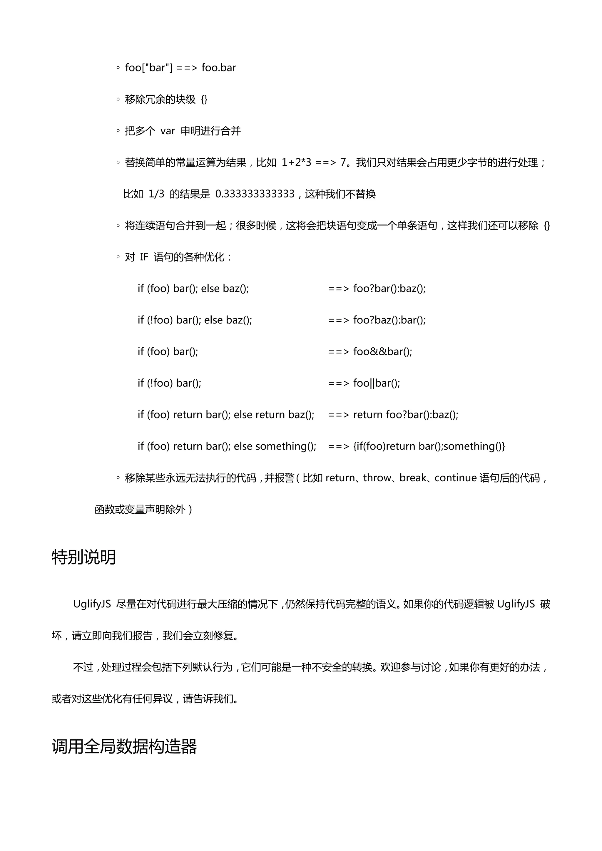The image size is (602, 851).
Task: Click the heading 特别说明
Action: [84, 557]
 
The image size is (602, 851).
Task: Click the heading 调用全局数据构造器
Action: [124, 746]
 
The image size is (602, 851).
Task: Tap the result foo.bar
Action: [219, 68]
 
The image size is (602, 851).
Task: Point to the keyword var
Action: [168, 131]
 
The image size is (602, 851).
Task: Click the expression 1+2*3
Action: [296, 162]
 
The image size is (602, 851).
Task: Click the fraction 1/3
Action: [156, 194]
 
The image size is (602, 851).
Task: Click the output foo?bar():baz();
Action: [389, 288]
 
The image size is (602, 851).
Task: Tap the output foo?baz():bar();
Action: [389, 320]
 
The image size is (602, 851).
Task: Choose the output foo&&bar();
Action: [382, 351]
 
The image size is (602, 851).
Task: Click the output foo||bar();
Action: [377, 383]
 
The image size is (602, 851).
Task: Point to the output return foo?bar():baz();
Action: [406, 414]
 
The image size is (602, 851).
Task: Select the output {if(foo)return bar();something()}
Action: [429, 446]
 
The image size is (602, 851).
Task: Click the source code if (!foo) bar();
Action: [169, 383]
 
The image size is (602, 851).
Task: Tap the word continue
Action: [455, 478]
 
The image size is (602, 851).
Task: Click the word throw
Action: [377, 478]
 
